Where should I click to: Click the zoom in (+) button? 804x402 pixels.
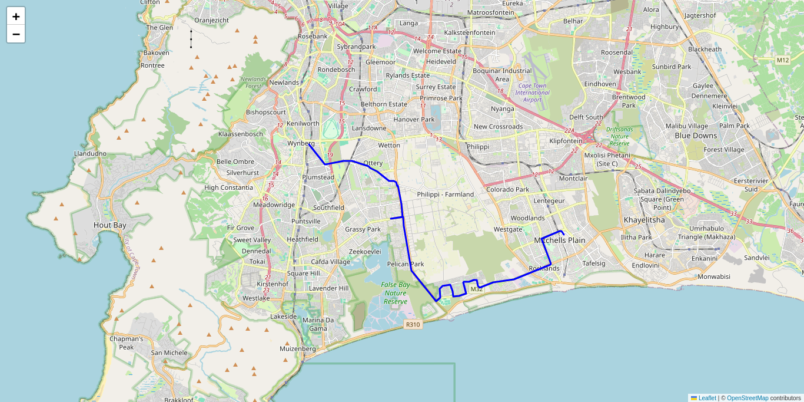coord(16,17)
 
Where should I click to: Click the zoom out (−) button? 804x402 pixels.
coord(16,34)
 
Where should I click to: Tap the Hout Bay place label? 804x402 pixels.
coord(110,225)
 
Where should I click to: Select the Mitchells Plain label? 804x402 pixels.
coord(560,240)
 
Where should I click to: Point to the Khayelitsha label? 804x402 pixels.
coord(644,220)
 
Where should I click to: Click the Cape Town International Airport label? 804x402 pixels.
coord(532,93)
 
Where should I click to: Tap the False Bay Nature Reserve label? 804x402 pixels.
coord(396,293)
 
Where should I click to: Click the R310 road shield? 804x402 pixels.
coord(413,324)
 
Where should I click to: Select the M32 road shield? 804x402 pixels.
coord(477,289)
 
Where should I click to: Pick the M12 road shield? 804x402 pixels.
coord(782,60)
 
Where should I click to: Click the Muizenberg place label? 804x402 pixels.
coord(297,349)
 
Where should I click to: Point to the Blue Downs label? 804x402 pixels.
coord(696,136)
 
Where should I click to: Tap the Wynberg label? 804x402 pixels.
coord(301,143)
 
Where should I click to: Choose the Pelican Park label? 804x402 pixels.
coord(406,264)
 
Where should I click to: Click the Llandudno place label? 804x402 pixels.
coord(90,153)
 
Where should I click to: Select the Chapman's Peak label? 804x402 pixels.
coord(126,343)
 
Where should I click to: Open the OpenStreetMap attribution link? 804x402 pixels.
coord(747,398)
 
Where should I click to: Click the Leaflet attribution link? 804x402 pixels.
coord(707,398)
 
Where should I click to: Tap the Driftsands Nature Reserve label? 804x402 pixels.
coord(619,136)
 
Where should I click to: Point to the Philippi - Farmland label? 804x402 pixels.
coord(445,194)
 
